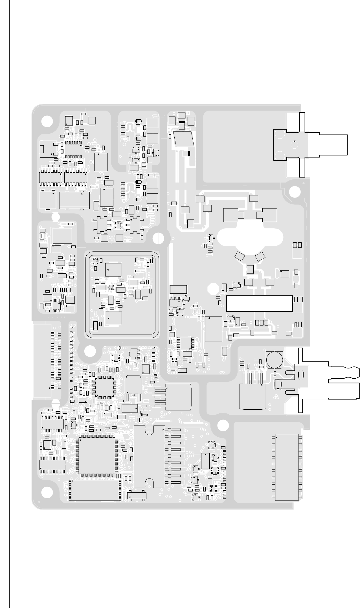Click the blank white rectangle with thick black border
pos(259,304)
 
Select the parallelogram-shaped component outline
pos(184,139)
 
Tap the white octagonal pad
pos(213,289)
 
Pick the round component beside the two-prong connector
pos(273,359)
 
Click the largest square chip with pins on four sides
pos(97,456)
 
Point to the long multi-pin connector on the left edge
pos(42,361)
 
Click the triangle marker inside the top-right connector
pos(295,141)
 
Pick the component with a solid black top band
pos(182,125)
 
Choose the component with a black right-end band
pos(186,153)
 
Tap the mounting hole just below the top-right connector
pos(295,192)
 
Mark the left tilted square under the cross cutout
pos(240,256)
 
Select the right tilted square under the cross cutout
pos(260,256)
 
